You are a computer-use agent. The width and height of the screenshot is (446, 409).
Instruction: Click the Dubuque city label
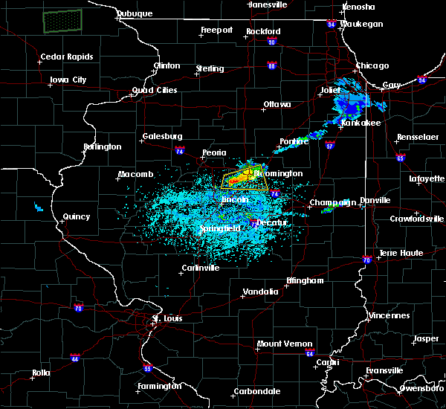click(134, 13)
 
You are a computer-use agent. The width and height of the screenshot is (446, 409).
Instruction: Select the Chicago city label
click(372, 66)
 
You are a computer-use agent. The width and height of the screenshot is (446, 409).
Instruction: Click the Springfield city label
click(221, 229)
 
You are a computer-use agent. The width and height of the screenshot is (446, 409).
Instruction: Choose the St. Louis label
click(167, 319)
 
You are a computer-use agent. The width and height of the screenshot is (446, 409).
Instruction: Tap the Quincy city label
click(77, 217)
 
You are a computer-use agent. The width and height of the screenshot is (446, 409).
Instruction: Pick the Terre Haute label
click(401, 254)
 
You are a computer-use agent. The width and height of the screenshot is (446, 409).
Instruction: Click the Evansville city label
click(384, 370)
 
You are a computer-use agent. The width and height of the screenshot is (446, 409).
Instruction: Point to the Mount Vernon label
click(279, 344)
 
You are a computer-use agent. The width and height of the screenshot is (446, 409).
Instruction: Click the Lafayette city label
click(425, 178)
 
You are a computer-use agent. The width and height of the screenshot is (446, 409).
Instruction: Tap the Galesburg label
click(162, 137)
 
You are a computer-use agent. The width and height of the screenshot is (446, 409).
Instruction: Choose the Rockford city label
click(263, 32)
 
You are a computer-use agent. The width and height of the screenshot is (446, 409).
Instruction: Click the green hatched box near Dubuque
click(62, 21)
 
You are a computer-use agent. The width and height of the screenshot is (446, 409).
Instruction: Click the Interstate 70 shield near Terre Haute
click(366, 260)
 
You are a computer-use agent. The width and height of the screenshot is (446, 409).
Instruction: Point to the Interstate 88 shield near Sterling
click(273, 66)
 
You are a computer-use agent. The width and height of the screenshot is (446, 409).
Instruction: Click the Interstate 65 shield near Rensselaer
click(401, 158)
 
